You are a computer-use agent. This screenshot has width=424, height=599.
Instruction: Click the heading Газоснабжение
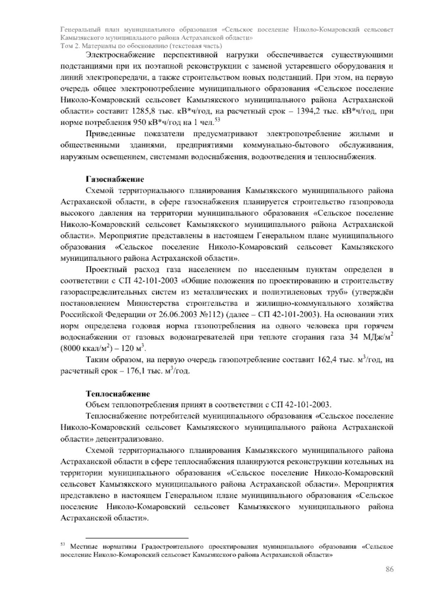point(115,179)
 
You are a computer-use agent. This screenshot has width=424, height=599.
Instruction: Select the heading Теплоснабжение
point(118,394)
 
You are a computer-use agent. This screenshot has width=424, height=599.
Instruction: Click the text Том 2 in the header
point(69,46)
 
